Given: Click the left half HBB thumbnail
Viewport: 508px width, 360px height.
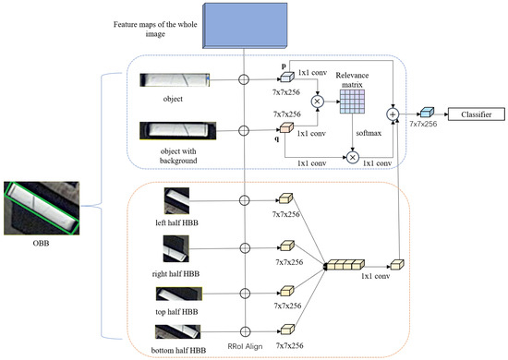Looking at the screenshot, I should click(x=176, y=201).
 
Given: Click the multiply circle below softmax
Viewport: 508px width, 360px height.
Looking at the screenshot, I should click(x=352, y=159).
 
